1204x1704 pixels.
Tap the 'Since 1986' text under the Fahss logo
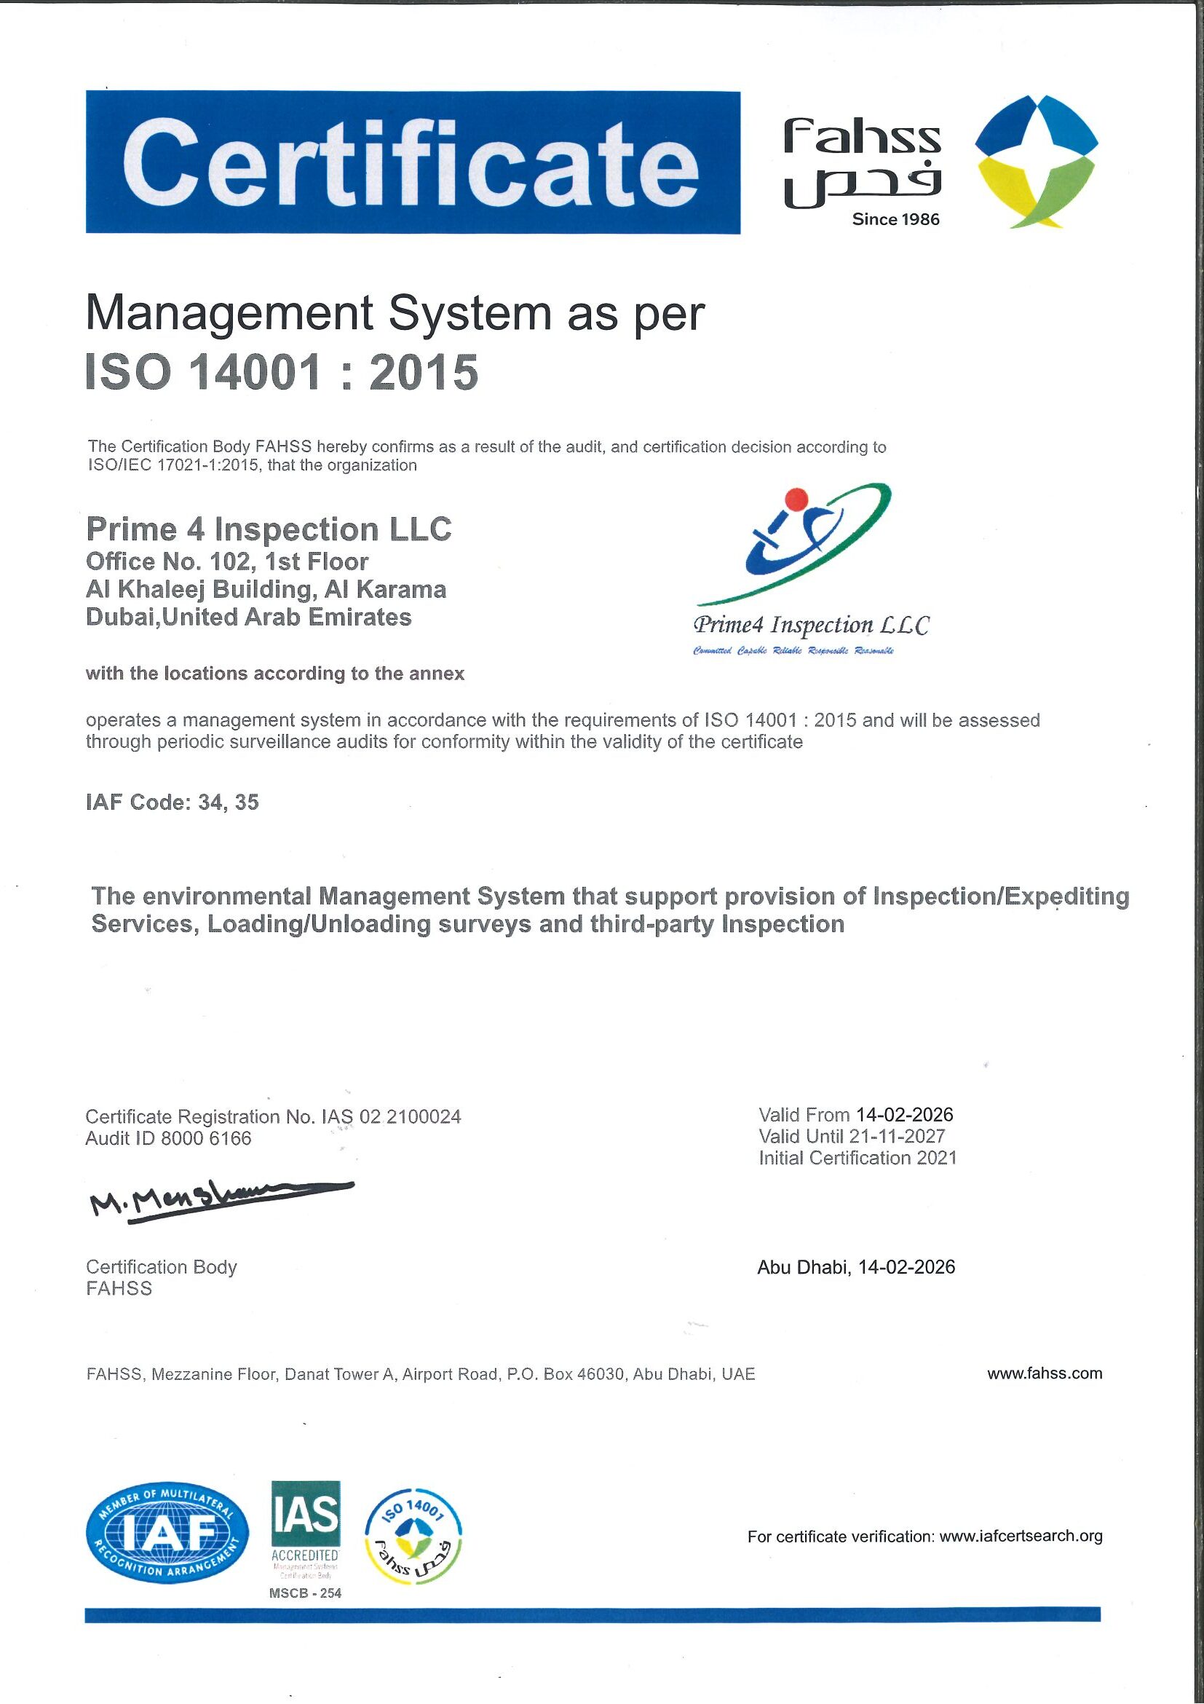pyautogui.click(x=895, y=219)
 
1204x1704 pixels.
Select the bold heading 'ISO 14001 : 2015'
pyautogui.click(x=282, y=372)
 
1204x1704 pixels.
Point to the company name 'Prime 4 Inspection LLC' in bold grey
pyautogui.click(x=269, y=529)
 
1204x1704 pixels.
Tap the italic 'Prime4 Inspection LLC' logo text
pyautogui.click(x=810, y=625)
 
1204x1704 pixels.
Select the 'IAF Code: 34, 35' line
pyautogui.click(x=172, y=802)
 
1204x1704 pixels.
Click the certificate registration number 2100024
pyautogui.click(x=424, y=1116)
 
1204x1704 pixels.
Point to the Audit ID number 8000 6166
pyautogui.click(x=206, y=1138)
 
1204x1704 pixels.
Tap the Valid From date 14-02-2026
pyautogui.click(x=904, y=1115)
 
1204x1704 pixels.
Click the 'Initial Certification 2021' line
pyautogui.click(x=858, y=1158)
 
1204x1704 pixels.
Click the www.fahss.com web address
pyautogui.click(x=1045, y=1373)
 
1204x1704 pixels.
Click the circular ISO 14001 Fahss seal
pyautogui.click(x=414, y=1534)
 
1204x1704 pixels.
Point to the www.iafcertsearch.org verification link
pyautogui.click(x=1021, y=1537)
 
